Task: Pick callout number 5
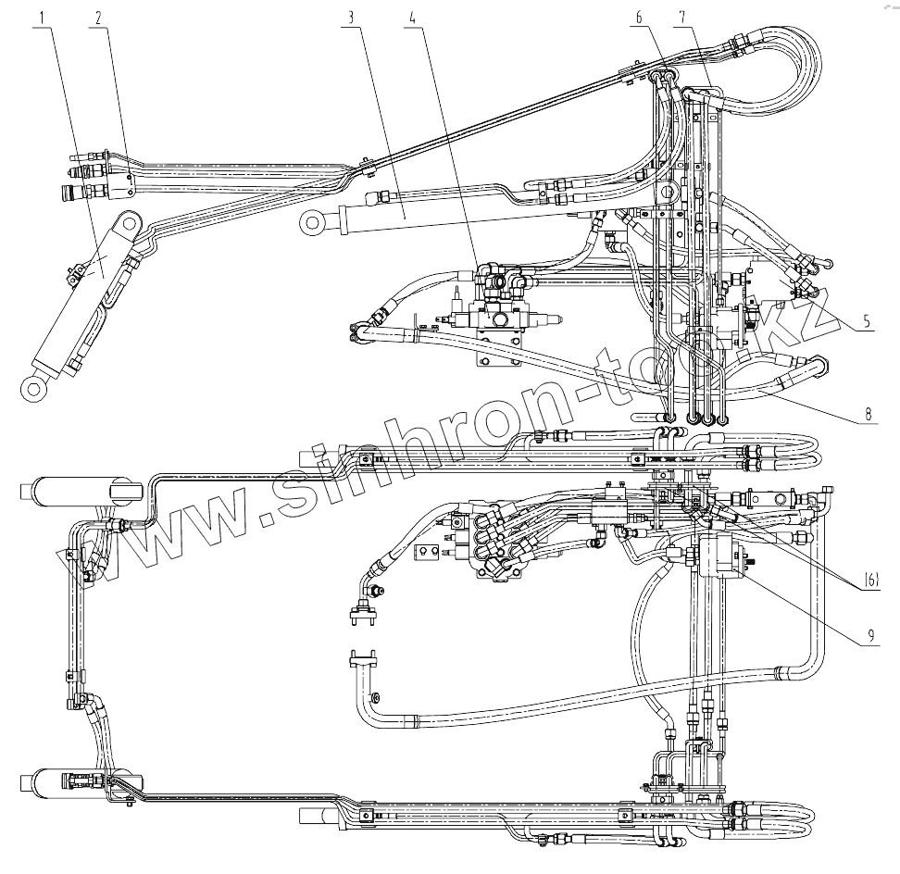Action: [865, 322]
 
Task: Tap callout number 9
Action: [870, 635]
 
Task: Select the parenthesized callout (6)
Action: [871, 581]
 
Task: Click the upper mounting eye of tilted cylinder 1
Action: [127, 224]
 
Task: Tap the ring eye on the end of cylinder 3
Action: [311, 222]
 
